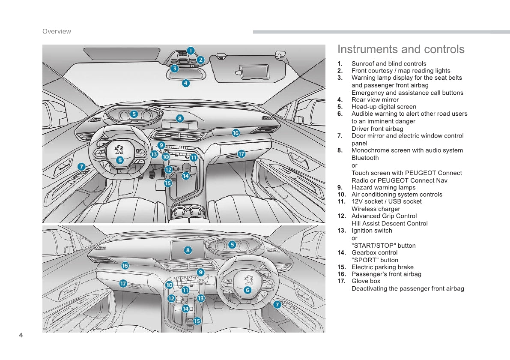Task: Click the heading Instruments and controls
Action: (x=401, y=49)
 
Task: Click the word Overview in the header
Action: (x=57, y=31)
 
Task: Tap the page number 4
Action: (x=21, y=335)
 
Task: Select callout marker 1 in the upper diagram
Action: (x=191, y=51)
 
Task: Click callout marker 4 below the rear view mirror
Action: (x=186, y=83)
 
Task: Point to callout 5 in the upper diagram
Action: (x=134, y=114)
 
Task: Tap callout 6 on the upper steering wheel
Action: (x=119, y=160)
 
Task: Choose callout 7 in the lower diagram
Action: (x=277, y=305)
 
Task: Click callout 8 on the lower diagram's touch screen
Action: (x=188, y=250)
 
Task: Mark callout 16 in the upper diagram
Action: (x=236, y=133)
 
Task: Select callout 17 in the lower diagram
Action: (x=123, y=283)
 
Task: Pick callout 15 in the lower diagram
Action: (x=197, y=321)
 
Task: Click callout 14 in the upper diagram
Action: (x=185, y=175)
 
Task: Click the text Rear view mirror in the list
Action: (x=375, y=100)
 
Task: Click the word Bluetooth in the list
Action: (x=365, y=158)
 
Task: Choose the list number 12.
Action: (x=341, y=216)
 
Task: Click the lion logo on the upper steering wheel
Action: (x=119, y=150)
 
